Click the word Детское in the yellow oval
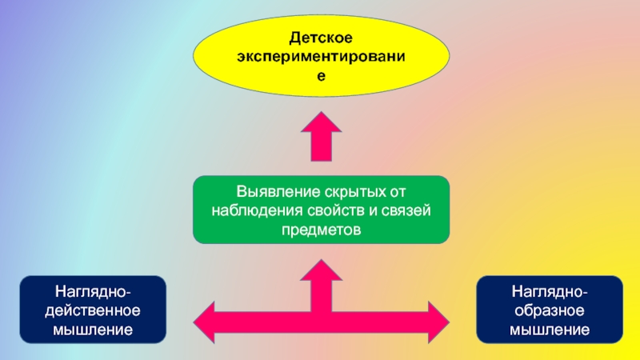(x=321, y=38)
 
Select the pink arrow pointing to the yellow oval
(x=324, y=136)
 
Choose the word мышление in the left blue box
(x=94, y=329)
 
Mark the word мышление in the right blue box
(x=550, y=329)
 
